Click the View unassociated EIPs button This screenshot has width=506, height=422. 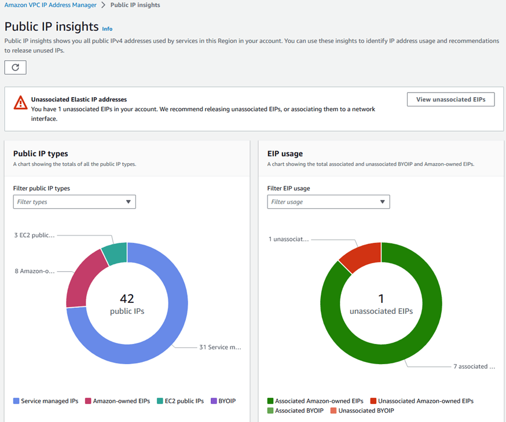[x=451, y=99]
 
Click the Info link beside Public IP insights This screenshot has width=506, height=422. [x=107, y=28]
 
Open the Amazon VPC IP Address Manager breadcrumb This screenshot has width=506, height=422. [x=50, y=5]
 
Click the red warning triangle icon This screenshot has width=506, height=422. [x=20, y=103]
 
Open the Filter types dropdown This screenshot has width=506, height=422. [x=74, y=202]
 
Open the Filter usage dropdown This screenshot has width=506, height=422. [x=328, y=202]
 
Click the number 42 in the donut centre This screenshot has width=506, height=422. [x=127, y=298]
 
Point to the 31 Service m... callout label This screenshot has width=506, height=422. [x=219, y=347]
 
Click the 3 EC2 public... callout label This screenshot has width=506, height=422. [x=34, y=235]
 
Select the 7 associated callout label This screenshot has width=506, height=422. [x=474, y=367]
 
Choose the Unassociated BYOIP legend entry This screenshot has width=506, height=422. [x=365, y=410]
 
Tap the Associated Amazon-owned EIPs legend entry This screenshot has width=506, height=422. [x=315, y=401]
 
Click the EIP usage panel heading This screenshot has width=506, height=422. [x=285, y=154]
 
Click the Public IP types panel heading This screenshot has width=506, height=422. [x=41, y=154]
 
